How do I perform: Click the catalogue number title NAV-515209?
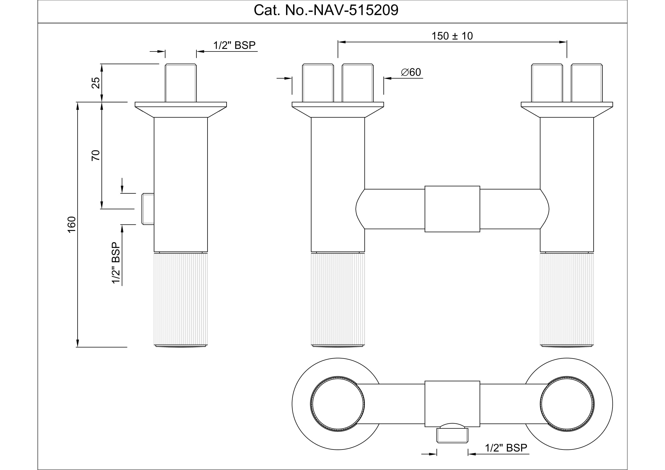tap(326, 11)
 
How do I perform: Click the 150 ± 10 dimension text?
tap(452, 36)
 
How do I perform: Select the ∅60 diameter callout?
tap(411, 72)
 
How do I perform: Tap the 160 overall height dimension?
tap(72, 224)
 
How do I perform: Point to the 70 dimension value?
tap(96, 156)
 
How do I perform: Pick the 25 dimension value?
tap(96, 83)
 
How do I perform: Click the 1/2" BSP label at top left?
tap(234, 45)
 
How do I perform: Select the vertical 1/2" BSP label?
tap(116, 263)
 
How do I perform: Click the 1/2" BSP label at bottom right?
tap(506, 448)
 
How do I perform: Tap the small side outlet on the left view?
tap(148, 209)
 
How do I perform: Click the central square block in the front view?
tap(452, 209)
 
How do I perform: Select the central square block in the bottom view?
tap(452, 403)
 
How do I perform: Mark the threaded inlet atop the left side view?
tap(181, 83)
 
